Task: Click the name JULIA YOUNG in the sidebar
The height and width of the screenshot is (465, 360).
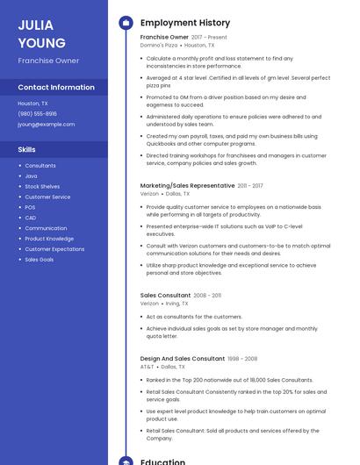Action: pos(41,34)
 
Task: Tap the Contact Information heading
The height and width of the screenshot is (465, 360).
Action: pos(56,87)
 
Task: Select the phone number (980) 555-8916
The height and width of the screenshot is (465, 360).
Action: pos(37,113)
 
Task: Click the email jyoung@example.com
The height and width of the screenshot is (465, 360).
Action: pos(47,124)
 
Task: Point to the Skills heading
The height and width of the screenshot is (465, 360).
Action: pos(26,149)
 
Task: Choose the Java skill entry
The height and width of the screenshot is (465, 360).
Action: pos(31,176)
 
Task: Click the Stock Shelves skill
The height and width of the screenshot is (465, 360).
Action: pos(42,187)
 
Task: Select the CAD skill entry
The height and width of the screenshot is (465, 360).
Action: pos(31,218)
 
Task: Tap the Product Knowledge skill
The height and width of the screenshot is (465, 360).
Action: pos(49,239)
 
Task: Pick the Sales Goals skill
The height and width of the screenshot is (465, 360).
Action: pos(40,260)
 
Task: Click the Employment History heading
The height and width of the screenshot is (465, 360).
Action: pos(185,23)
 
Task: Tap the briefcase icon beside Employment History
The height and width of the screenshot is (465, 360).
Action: pos(125,23)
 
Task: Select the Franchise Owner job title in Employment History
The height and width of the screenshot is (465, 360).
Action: pos(164,38)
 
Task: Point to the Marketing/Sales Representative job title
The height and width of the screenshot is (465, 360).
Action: pos(187,186)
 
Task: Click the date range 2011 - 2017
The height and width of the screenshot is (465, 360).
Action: pos(250,186)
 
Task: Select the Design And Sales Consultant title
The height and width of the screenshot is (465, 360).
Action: pos(183,359)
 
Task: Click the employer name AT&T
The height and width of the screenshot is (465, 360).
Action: pos(147,367)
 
